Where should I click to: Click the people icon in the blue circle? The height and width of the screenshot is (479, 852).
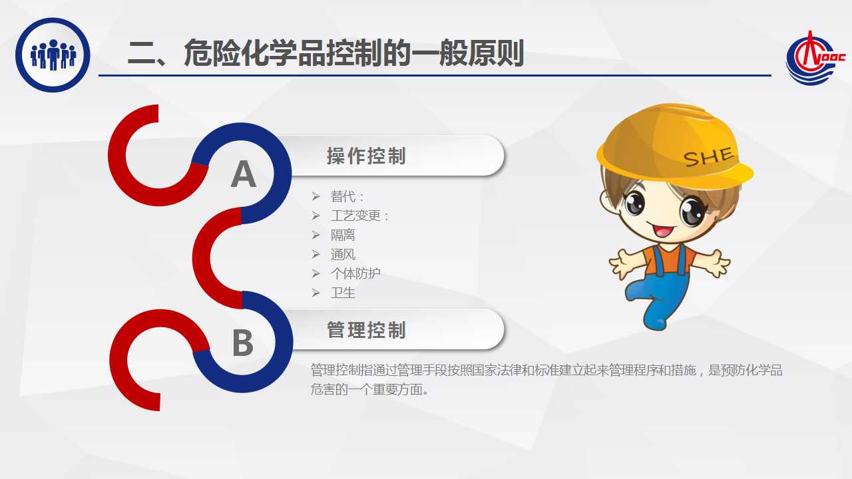pos(53,55)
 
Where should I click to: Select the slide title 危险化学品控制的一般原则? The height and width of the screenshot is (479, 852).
pos(353,53)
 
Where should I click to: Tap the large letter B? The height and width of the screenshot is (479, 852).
pos(242,343)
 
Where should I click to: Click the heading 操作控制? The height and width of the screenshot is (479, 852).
pos(366,156)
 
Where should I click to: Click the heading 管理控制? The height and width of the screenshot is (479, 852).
pos(366,329)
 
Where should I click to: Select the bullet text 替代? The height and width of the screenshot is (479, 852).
pos(343,196)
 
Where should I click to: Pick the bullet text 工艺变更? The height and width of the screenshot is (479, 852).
pos(355,216)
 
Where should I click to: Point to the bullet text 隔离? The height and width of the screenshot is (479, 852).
pos(343,235)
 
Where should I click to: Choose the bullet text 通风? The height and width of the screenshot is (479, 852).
pos(343,254)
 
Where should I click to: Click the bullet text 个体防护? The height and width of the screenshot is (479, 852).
pos(355,273)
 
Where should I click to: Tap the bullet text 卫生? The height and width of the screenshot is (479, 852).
pos(343,293)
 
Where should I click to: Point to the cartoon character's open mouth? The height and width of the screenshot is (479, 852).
pos(662,230)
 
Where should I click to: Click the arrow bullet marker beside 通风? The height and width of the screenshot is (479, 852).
pos(316,254)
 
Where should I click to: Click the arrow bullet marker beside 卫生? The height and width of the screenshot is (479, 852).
pos(316,293)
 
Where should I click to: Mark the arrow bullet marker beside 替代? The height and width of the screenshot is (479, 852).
pos(316,196)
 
